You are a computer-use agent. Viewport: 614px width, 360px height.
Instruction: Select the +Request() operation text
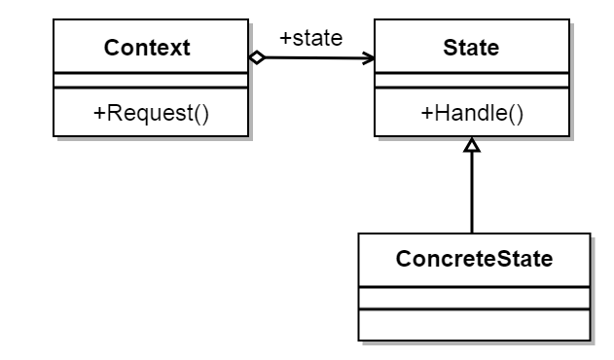[151, 113]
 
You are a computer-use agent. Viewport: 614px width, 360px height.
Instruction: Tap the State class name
[472, 48]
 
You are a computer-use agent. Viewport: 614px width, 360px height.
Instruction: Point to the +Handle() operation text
[472, 113]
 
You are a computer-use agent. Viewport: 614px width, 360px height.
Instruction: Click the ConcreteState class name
[473, 259]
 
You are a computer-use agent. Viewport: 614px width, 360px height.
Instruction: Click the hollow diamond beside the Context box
[257, 57]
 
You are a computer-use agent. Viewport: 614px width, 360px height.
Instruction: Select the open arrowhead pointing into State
[369, 58]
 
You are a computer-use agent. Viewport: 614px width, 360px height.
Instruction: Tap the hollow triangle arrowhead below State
[472, 146]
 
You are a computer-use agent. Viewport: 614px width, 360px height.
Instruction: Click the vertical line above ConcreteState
[472, 195]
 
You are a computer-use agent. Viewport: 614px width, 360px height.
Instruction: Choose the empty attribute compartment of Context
[151, 80]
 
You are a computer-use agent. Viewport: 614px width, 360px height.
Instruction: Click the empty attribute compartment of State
[472, 80]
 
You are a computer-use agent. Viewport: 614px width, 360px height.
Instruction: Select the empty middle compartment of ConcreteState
[473, 297]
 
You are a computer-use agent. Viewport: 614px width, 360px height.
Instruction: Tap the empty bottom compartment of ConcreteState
[473, 324]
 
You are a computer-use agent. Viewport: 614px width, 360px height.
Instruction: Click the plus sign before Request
[98, 113]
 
